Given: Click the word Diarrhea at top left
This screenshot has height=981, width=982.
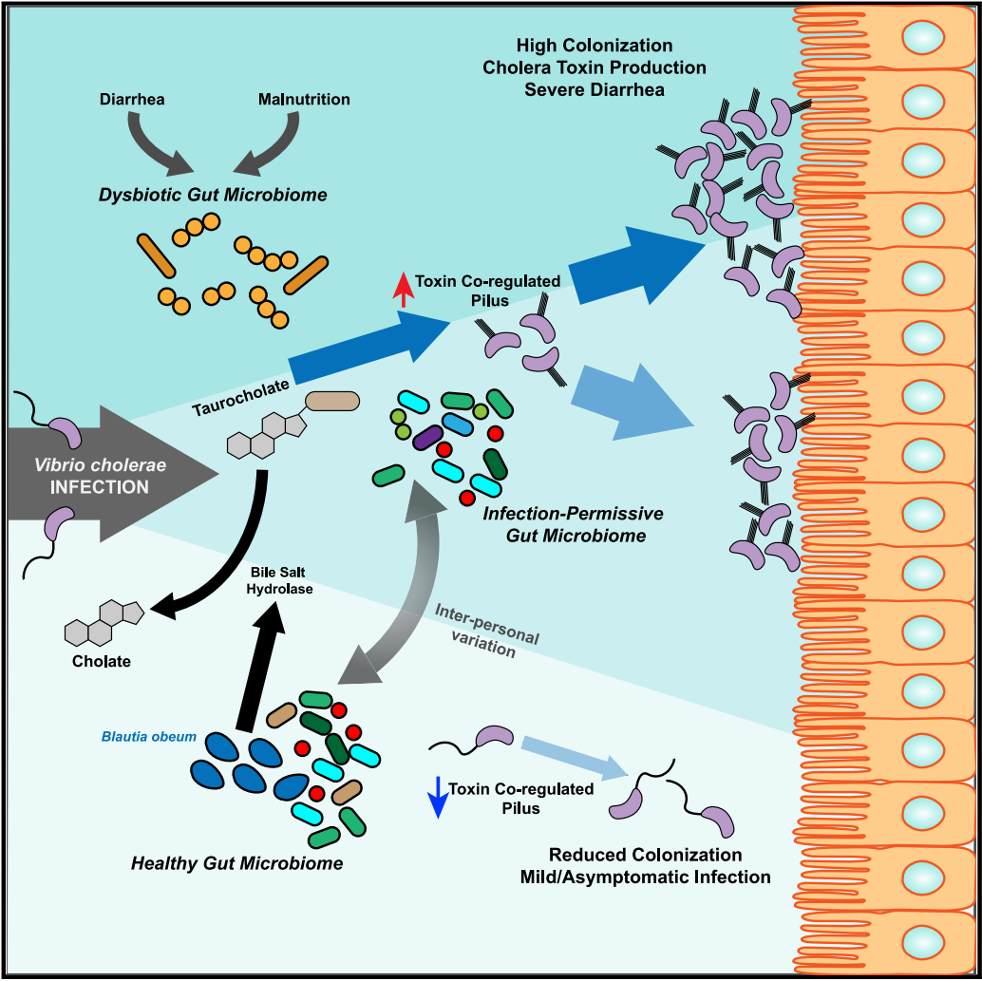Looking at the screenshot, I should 133,99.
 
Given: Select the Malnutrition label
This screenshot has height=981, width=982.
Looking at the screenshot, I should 304,99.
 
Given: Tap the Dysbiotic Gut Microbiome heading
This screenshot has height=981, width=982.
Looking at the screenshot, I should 213,195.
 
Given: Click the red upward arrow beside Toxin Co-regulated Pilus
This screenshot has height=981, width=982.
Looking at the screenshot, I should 403,289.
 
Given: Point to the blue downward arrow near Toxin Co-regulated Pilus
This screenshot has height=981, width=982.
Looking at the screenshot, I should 438,797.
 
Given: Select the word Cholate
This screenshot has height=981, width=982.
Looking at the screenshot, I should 101,661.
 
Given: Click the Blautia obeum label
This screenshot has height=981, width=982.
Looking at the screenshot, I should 150,736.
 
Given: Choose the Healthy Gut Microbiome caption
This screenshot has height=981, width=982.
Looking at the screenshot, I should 236,863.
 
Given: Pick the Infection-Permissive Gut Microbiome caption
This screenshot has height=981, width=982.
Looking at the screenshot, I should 573,524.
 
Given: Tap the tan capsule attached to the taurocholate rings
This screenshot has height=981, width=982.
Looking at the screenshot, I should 332,401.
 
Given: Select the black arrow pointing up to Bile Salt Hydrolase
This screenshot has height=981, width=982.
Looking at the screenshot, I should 258,665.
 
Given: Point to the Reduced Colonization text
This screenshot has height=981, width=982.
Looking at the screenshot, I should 645,856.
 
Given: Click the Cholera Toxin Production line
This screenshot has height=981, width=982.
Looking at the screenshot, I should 594,67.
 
